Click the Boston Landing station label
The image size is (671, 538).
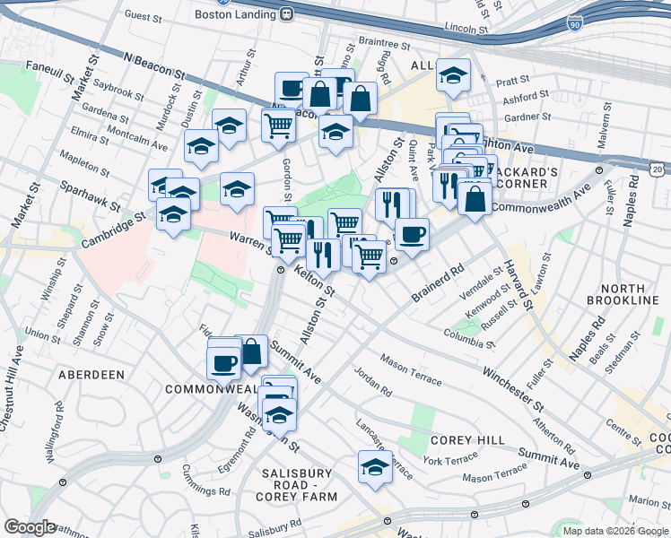click(239, 13)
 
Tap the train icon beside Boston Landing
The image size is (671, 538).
click(287, 13)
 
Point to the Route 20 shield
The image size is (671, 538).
click(658, 167)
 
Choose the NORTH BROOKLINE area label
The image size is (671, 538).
click(623, 293)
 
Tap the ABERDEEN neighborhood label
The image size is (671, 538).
click(91, 374)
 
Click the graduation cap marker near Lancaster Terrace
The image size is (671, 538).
click(375, 467)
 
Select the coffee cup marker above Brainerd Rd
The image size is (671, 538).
click(412, 234)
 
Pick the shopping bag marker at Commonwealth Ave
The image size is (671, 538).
click(475, 197)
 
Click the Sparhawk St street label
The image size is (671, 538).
click(90, 195)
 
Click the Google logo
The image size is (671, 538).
click(29, 527)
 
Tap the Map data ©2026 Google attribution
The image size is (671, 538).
click(615, 531)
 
